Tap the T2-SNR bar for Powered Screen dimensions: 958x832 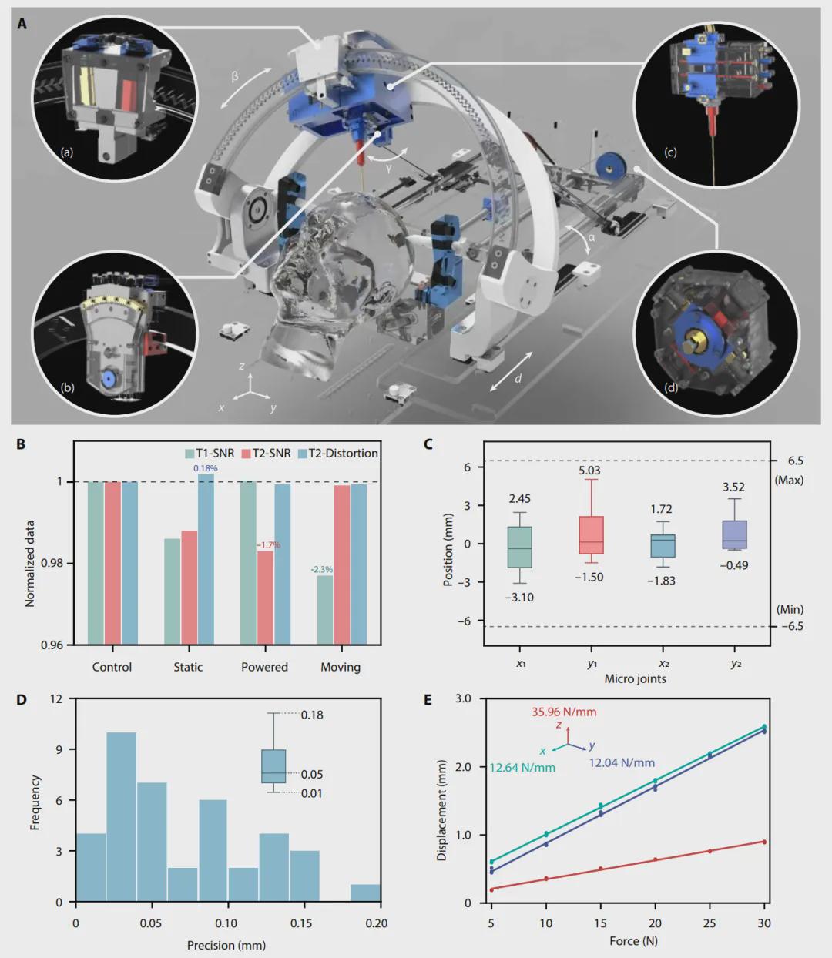click(265, 597)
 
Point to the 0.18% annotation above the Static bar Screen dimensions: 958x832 click(206, 468)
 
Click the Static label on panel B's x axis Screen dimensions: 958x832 click(188, 667)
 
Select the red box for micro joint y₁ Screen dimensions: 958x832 click(591, 535)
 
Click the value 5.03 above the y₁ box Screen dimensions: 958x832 click(589, 471)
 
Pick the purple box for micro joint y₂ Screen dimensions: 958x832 click(735, 534)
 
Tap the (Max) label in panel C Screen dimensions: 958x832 click(789, 480)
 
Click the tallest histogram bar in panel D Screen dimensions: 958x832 click(121, 816)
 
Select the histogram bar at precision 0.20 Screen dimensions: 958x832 click(365, 893)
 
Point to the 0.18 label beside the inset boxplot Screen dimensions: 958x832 click(312, 715)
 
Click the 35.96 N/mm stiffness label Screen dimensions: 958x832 click(564, 712)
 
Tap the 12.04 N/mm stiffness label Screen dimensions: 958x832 click(622, 762)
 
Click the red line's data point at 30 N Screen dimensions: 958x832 click(764, 841)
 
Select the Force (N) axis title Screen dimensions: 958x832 click(633, 940)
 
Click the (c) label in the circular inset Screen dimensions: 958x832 click(670, 152)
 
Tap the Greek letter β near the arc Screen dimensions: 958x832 click(235, 75)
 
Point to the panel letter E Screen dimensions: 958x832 click(428, 700)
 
